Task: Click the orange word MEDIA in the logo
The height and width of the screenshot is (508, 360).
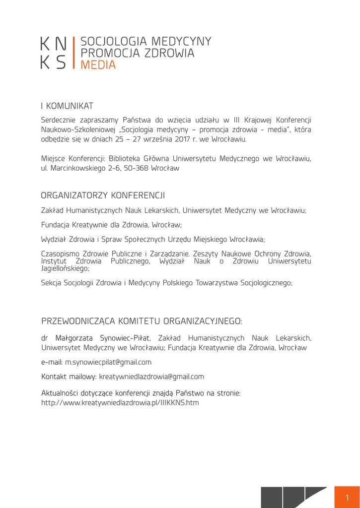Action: coord(98,65)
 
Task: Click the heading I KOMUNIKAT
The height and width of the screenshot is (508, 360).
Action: coord(67,106)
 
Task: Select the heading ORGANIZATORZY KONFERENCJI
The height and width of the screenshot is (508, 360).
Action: coord(103,195)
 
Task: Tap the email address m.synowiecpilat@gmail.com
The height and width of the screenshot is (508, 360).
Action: coord(108,362)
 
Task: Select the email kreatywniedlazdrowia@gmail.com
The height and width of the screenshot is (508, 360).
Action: coord(151,377)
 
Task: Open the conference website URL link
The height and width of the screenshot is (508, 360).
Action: coord(120,403)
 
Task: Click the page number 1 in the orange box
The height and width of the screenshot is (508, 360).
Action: coord(347,498)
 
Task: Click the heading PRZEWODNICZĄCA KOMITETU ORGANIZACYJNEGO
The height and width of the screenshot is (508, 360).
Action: coord(142,321)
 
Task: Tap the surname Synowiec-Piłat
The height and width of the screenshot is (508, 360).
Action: coord(126,338)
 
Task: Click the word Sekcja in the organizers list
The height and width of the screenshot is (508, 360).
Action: coord(51,283)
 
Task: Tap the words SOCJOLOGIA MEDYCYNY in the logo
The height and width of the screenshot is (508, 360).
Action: coord(145,41)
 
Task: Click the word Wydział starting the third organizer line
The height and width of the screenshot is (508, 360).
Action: coord(54,239)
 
